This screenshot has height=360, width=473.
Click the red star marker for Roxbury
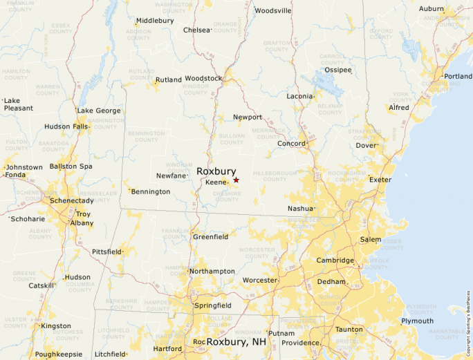pyautogui.click(x=236, y=180)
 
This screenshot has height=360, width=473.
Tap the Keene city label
pyautogui.click(x=216, y=182)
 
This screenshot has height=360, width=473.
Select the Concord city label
pyautogui.click(x=291, y=143)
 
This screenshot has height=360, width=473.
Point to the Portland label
pyautogui.click(x=458, y=76)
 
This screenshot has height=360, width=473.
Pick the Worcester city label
pyautogui.click(x=259, y=280)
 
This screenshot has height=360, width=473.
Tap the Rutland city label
pyautogui.click(x=168, y=79)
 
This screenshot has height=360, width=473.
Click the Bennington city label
pyautogui.click(x=150, y=191)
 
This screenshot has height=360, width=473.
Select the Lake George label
pyautogui.click(x=99, y=111)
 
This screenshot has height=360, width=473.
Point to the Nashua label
pyautogui.click(x=301, y=208)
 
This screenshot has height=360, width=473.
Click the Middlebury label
pyautogui.click(x=154, y=21)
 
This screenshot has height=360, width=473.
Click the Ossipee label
pyautogui.click(x=338, y=70)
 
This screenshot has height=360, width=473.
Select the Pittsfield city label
pyautogui.click(x=106, y=252)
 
